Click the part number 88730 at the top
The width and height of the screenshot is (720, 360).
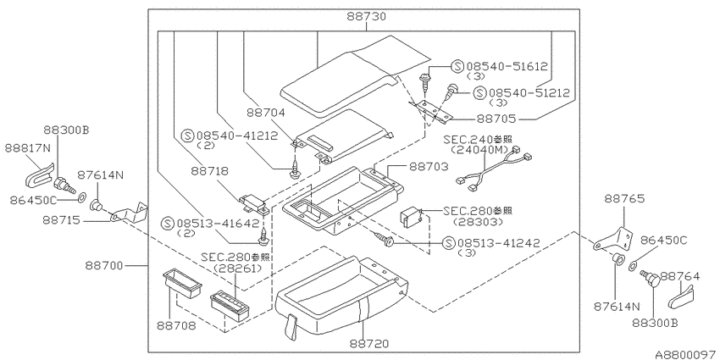367,17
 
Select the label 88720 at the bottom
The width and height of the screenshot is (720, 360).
368,343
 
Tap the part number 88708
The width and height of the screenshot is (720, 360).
175,325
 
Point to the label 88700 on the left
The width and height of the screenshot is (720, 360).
104,265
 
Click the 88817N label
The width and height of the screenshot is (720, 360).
28,148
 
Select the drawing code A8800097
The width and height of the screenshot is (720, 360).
686,355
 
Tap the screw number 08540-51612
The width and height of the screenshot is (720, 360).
507,67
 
